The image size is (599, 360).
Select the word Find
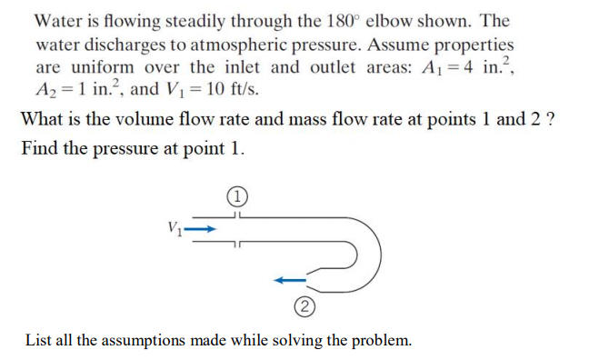coord(38,147)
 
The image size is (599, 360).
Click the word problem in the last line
coord(380,340)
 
